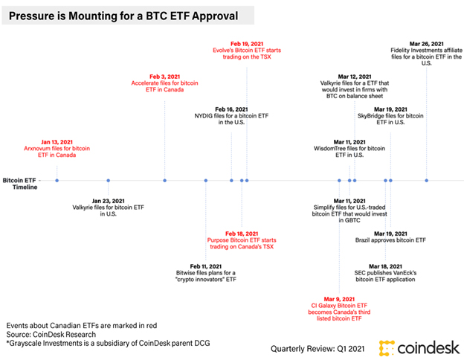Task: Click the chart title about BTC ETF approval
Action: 123,16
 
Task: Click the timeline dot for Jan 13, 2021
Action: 57,180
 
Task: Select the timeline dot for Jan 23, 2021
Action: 109,180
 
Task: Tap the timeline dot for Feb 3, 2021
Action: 165,180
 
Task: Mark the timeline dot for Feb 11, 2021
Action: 206,180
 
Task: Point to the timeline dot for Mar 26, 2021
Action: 426,180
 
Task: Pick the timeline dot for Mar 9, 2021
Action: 339,180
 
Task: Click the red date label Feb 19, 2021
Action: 247,44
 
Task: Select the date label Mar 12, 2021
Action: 355,77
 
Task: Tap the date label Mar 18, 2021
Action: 385,266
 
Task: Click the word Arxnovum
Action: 37,148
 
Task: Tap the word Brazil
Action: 362,240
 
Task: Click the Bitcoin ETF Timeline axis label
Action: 20,184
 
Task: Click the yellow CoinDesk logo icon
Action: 387,348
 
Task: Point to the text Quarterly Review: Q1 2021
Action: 318,349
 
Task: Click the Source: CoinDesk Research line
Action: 51,334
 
